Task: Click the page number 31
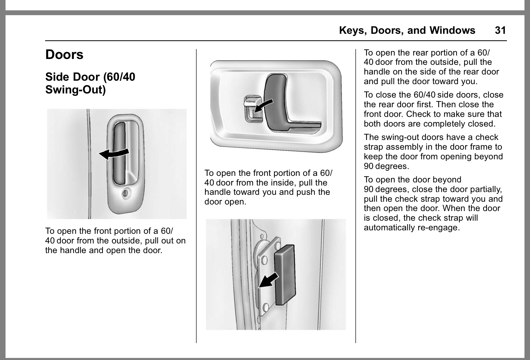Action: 500,30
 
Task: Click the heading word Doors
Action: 65,54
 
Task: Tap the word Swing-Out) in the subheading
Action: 75,90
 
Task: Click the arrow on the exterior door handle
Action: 114,153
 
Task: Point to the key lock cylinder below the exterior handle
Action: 126,193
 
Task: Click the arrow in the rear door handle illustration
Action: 269,279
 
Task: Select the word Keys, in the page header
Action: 353,30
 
